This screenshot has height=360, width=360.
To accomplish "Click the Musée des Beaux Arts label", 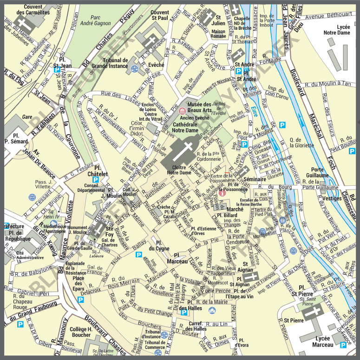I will point(203,108).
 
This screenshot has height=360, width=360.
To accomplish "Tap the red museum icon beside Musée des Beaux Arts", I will point(182,111).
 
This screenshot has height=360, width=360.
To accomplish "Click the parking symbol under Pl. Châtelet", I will point(96,180).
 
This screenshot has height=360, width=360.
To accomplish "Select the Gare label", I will point(27,117).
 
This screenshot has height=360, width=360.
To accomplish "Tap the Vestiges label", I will point(332,198).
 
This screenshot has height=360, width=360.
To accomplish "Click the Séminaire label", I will point(254,179).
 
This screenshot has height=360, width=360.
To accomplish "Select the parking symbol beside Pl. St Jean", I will point(57,70).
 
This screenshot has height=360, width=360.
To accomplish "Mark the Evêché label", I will point(157,65).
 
